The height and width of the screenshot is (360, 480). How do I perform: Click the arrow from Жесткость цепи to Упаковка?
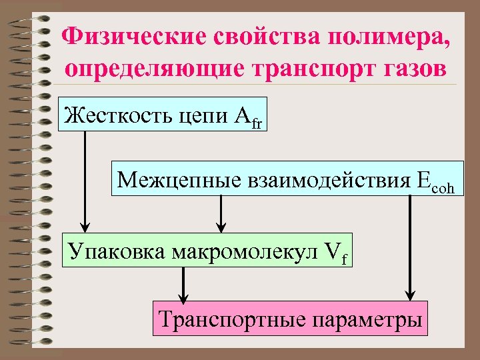[85, 180]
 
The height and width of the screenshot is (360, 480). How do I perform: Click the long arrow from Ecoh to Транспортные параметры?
[411, 247]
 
